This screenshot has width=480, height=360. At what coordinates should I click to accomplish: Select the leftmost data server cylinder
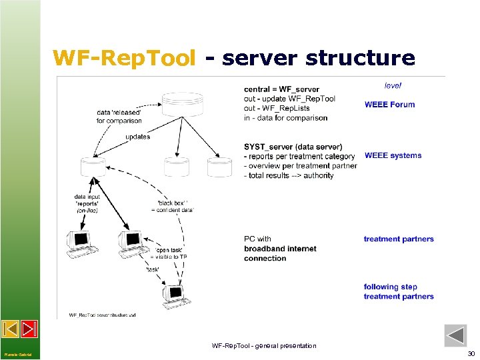(x=93, y=167)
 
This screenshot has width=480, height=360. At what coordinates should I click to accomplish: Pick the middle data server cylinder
(x=177, y=167)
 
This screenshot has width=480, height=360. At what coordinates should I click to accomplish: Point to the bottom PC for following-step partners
(x=174, y=297)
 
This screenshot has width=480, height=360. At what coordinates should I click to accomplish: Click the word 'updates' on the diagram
(x=137, y=137)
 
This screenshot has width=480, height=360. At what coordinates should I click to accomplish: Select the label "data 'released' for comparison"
(x=119, y=116)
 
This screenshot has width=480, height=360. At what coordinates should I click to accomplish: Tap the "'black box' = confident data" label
(x=175, y=205)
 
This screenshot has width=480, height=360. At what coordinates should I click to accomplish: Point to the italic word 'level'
(x=393, y=85)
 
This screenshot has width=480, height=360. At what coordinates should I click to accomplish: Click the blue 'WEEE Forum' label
(x=389, y=104)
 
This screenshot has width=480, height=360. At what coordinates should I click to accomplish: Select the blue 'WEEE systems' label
(x=393, y=155)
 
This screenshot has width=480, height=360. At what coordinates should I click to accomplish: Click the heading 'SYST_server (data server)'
(x=293, y=147)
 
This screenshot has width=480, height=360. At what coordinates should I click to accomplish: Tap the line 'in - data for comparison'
(x=285, y=118)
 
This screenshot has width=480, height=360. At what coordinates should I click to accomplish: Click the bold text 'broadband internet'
(x=280, y=249)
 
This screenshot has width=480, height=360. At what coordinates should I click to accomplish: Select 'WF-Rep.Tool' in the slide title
(x=125, y=58)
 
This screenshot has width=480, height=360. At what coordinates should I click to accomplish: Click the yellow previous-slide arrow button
(x=10, y=329)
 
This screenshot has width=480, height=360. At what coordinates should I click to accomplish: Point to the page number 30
(x=471, y=353)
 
